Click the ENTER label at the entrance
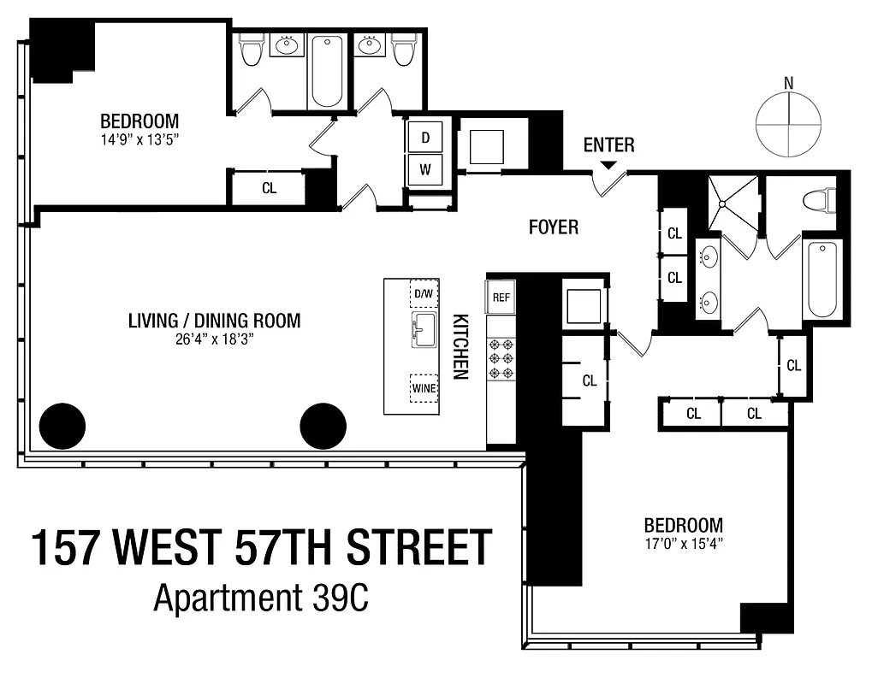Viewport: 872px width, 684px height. pyautogui.click(x=608, y=144)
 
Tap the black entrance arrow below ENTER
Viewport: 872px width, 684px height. pyautogui.click(x=608, y=165)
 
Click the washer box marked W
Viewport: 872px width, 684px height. pyautogui.click(x=425, y=169)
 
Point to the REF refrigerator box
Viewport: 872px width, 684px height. pyautogui.click(x=501, y=298)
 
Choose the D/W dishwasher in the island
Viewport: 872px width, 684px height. pyautogui.click(x=424, y=294)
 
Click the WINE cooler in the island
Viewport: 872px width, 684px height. pyautogui.click(x=424, y=388)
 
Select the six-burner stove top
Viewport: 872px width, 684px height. pyautogui.click(x=500, y=358)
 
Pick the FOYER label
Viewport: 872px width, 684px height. pyautogui.click(x=553, y=227)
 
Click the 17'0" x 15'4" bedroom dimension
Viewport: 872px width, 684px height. pyautogui.click(x=683, y=543)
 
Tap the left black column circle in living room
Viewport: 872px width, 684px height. pyautogui.click(x=62, y=424)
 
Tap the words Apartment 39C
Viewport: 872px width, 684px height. pyautogui.click(x=261, y=598)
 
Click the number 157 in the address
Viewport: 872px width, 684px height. pyautogui.click(x=66, y=549)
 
